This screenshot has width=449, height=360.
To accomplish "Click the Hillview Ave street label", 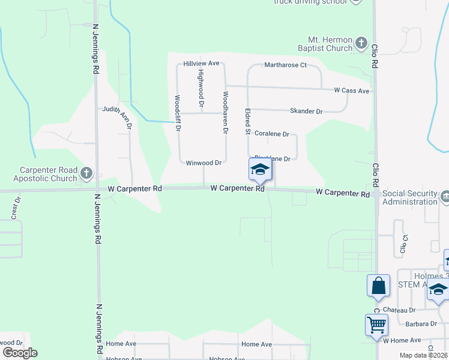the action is click(x=202, y=63).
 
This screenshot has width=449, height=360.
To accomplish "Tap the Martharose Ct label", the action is click(x=286, y=65).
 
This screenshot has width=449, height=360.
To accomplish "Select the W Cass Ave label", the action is click(x=351, y=91).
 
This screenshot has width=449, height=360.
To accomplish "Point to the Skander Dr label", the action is click(x=306, y=112).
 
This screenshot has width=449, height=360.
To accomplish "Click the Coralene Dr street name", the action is click(x=271, y=134).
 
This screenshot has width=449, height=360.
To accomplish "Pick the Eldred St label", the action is click(x=247, y=121).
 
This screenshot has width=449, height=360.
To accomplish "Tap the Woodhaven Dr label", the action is click(x=226, y=112).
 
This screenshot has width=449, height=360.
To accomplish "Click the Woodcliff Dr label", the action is click(x=178, y=113).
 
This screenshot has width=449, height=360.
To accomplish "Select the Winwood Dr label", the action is click(x=204, y=163).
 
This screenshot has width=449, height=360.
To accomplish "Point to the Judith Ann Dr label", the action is click(x=116, y=109).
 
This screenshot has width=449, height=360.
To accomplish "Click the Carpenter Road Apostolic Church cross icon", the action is click(x=86, y=174).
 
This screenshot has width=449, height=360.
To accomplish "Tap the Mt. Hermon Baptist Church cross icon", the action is click(x=361, y=43).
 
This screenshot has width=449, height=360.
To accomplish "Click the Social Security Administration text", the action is click(x=410, y=197).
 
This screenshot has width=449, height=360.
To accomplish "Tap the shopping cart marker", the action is click(x=376, y=325).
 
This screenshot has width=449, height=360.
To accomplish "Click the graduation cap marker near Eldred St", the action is click(x=260, y=169).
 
